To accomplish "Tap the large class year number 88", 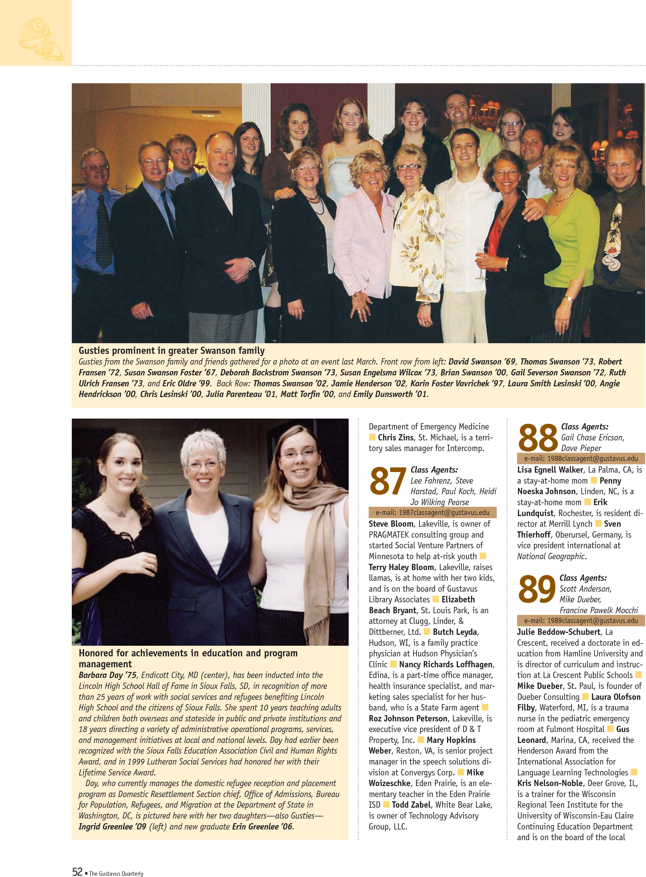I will [537, 438].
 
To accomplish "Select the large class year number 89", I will [537, 589].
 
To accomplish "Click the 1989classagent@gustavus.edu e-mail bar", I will [581, 621].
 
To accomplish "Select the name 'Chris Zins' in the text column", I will [395, 437].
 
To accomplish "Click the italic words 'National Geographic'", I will [551, 556].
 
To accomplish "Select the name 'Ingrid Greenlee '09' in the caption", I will [112, 826].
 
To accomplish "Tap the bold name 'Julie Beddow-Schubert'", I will [558, 632].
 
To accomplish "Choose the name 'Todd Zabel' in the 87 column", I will [411, 805].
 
